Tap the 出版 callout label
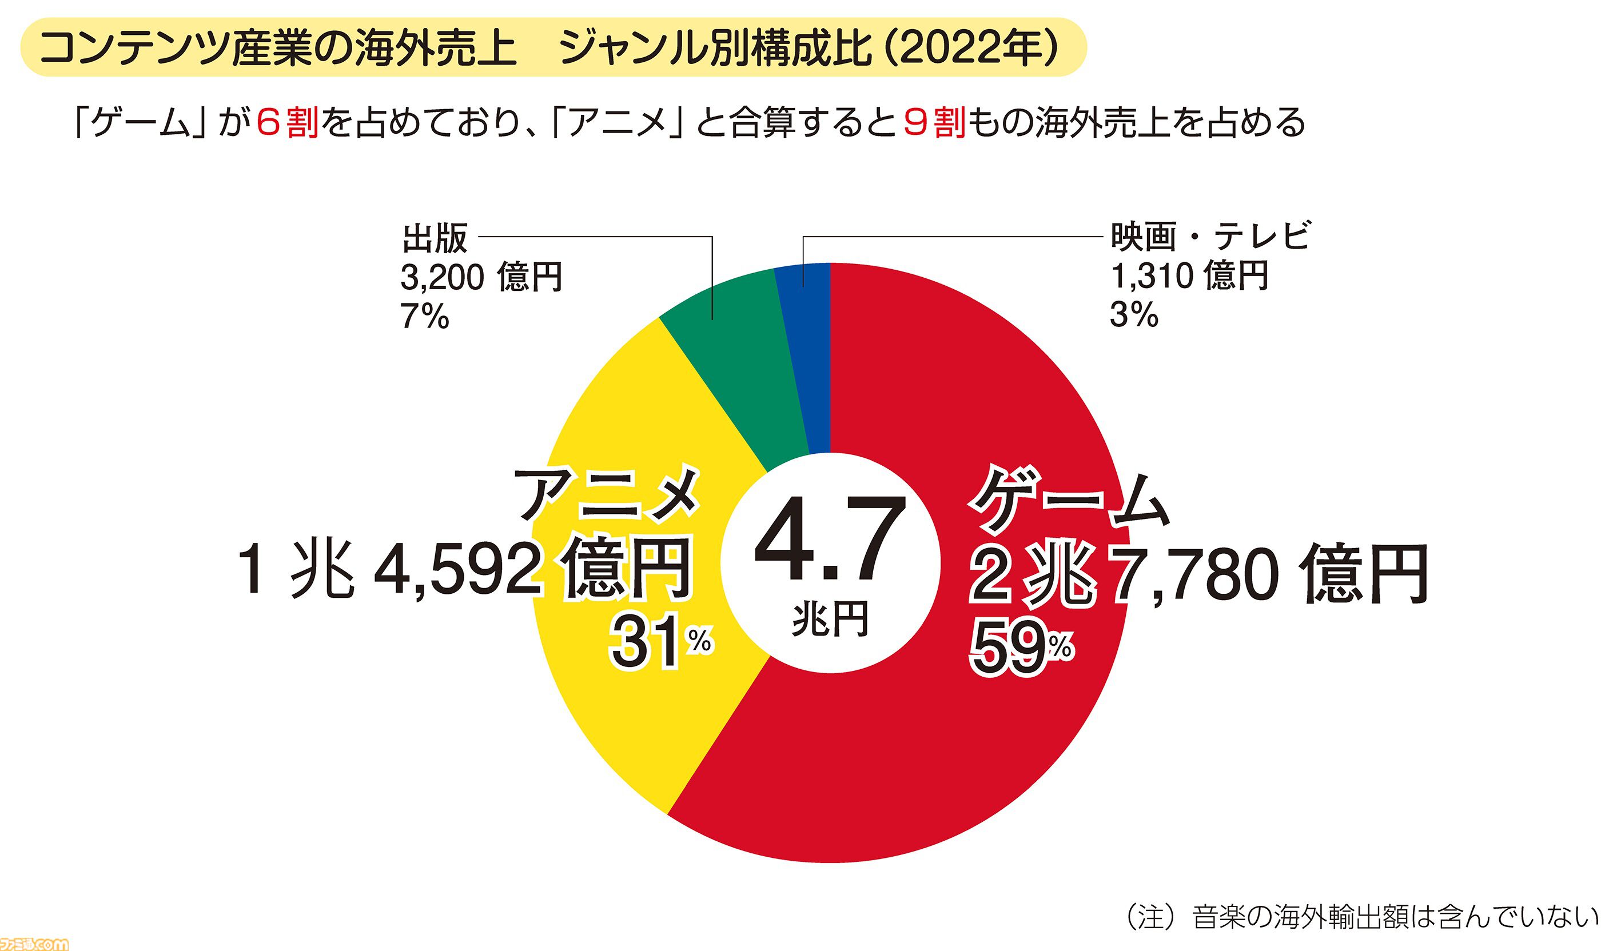[435, 238]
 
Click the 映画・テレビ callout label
[1210, 236]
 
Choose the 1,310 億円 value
[1189, 276]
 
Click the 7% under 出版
[424, 317]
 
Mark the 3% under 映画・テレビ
[1133, 315]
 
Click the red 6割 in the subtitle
[287, 122]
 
